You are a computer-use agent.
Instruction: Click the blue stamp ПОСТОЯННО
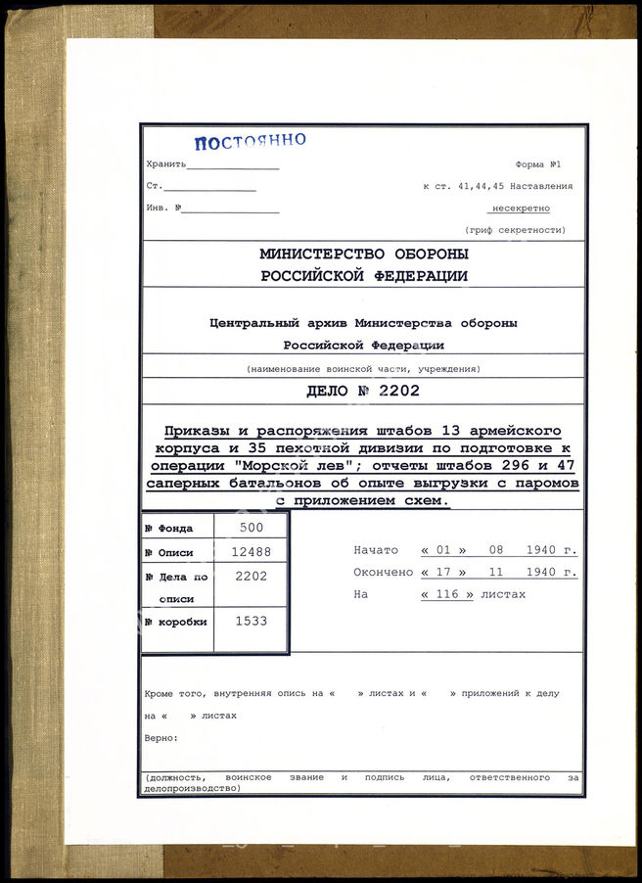point(250,141)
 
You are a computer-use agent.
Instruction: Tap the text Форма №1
point(538,164)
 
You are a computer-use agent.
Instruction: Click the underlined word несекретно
point(520,208)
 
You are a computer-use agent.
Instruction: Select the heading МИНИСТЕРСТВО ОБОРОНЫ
point(363,253)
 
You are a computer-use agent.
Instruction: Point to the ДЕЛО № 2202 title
point(363,393)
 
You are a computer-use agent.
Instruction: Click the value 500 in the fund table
point(252,527)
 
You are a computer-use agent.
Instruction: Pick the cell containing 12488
point(252,551)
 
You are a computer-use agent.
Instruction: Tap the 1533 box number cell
point(252,621)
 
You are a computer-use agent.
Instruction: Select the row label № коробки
point(176,622)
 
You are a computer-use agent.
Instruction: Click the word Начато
point(375,550)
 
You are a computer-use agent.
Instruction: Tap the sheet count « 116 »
point(447,594)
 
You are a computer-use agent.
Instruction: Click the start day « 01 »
point(443,550)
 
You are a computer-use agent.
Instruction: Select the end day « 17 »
point(443,573)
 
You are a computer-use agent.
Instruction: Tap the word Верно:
point(160,737)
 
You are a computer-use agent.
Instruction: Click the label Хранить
point(163,164)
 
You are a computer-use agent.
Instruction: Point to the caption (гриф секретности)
point(515,229)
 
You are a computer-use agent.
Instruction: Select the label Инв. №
point(161,208)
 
